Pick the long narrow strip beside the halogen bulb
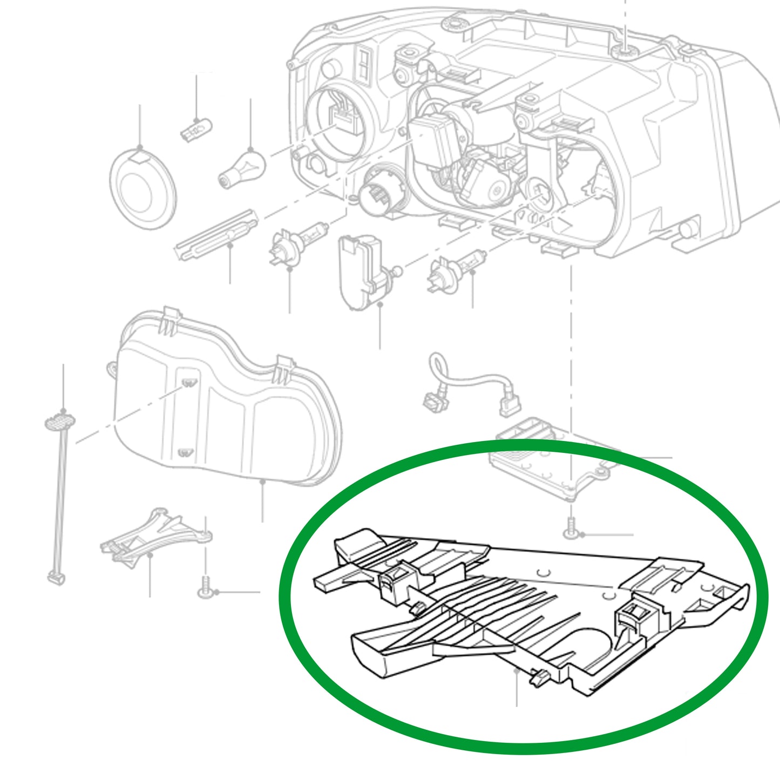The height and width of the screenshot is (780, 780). click(215, 235)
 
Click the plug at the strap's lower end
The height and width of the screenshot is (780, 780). click(56, 577)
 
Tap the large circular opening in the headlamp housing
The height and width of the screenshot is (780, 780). click(338, 124)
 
